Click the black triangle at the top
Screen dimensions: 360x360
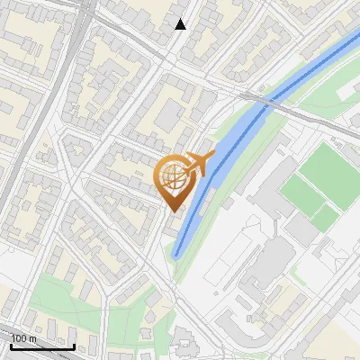click(181, 24)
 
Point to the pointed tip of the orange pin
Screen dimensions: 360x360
click(175, 211)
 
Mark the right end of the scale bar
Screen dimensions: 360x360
click(74, 346)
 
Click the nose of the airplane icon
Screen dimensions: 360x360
click(212, 157)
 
